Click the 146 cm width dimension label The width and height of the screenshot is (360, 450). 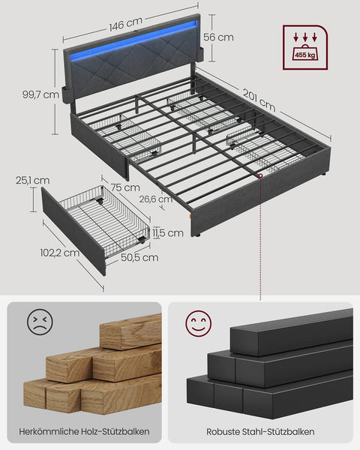[126, 25]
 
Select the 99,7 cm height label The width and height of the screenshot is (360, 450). [40, 94]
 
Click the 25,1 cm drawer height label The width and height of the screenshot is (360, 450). [31, 180]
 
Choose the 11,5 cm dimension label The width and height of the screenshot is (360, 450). [167, 233]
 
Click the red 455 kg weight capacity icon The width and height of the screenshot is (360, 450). [304, 47]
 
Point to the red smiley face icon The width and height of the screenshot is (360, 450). [199, 324]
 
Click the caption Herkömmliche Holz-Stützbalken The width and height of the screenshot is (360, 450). [85, 431]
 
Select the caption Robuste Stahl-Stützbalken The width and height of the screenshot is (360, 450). [260, 431]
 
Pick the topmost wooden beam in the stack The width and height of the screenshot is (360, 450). [131, 331]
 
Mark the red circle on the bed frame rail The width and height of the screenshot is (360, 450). [259, 175]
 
